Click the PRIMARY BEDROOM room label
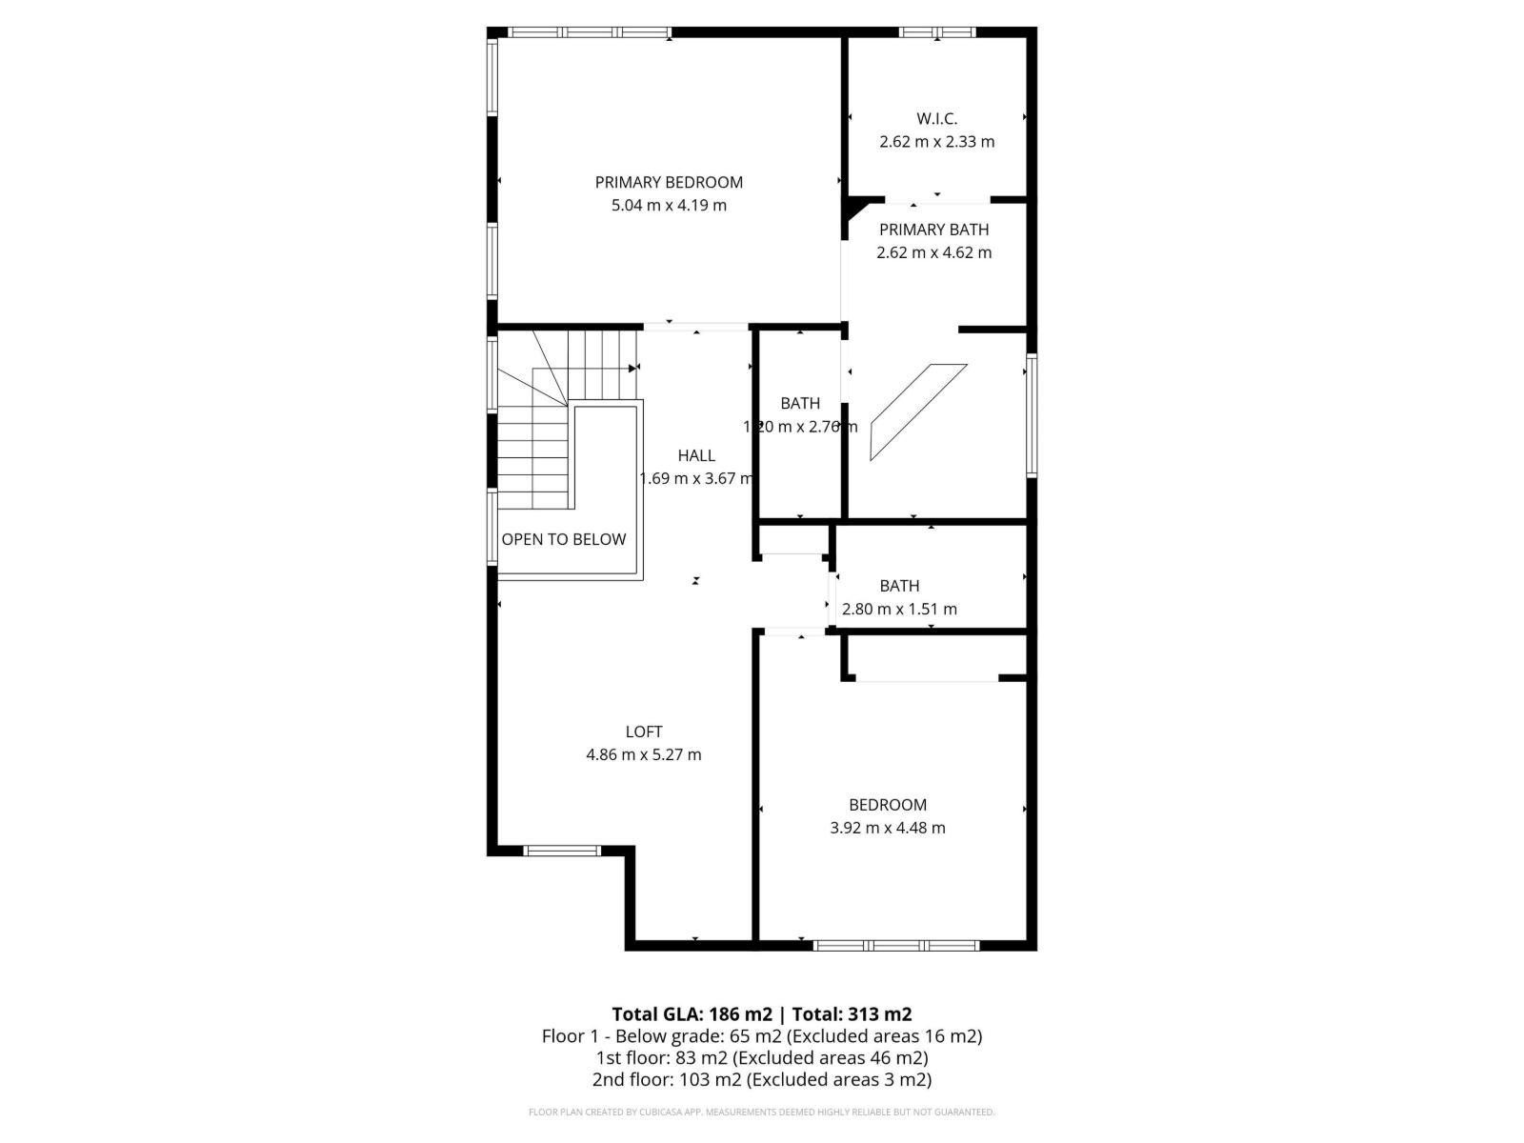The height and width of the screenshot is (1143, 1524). coord(669,182)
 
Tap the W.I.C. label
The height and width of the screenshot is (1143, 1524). coord(936,119)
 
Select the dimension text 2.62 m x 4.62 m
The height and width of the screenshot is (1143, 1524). coord(933,252)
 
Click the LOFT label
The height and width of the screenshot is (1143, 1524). coord(644,732)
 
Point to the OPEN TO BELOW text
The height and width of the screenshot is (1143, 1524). coord(564,539)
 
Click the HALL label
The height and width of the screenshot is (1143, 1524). coord(696,455)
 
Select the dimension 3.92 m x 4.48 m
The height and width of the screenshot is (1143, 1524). coord(888,828)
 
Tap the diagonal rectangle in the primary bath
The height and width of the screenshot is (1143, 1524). coord(918,411)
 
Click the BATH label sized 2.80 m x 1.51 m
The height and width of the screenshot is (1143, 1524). coord(899,586)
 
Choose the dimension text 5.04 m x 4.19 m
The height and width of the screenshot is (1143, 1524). coord(669,205)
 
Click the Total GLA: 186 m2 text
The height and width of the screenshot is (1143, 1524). coord(692,1013)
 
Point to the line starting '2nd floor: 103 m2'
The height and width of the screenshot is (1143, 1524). coord(762,1079)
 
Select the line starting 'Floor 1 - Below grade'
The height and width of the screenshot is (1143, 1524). coord(762,1035)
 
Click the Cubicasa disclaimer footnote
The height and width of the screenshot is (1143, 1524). coord(762,1112)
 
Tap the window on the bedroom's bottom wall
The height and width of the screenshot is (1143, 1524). coord(896,945)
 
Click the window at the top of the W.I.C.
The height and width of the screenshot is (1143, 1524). coord(937,32)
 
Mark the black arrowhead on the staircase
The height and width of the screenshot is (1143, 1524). coord(633,368)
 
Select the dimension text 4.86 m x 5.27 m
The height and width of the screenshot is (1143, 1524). coord(644,754)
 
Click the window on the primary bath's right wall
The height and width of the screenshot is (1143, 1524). coord(1032,414)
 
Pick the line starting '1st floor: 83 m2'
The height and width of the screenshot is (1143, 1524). coord(762,1057)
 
